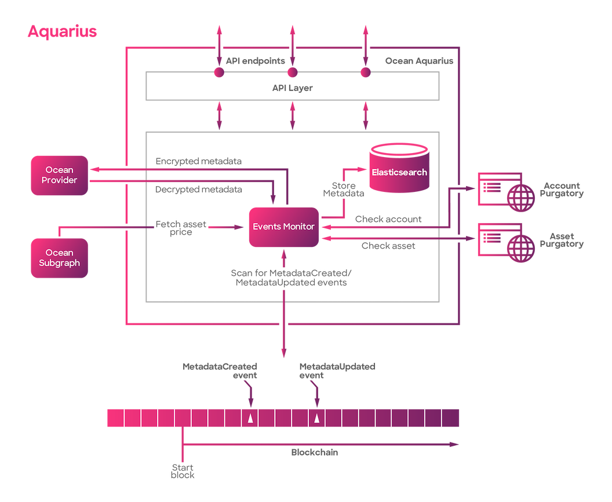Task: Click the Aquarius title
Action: [62, 31]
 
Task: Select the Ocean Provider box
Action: [59, 175]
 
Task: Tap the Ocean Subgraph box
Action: [59, 258]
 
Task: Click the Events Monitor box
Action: [283, 227]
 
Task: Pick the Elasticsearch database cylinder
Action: [399, 169]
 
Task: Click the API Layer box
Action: [292, 88]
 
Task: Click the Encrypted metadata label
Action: [198, 161]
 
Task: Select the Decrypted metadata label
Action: [198, 190]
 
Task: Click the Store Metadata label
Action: [344, 190]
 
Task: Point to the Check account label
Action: [388, 219]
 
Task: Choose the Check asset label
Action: [388, 246]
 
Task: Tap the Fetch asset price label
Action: [181, 228]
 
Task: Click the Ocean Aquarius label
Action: [419, 61]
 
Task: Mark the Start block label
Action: [183, 471]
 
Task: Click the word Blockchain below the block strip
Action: [314, 452]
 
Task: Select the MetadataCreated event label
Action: [220, 371]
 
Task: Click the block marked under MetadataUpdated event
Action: [316, 418]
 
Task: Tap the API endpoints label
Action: [255, 61]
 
